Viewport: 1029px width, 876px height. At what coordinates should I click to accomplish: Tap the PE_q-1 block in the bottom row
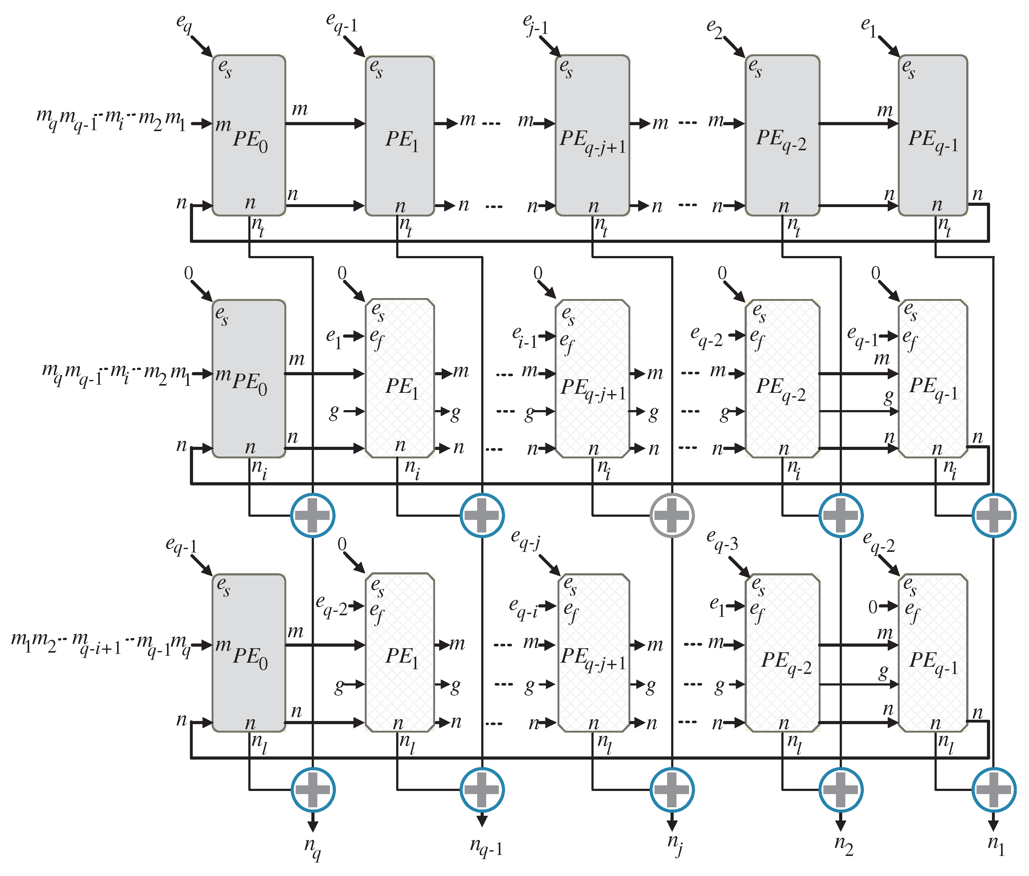[933, 653]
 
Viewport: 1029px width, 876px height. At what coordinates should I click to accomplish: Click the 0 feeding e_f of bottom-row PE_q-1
[873, 606]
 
